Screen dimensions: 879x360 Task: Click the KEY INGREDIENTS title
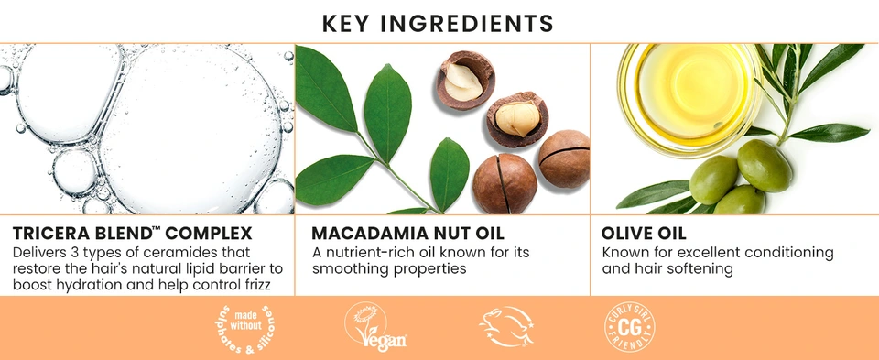pos(438,24)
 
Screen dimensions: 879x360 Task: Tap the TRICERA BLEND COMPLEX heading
pos(132,234)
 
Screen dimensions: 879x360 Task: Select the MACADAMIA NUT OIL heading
pos(408,234)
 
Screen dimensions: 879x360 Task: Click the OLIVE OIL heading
pos(644,234)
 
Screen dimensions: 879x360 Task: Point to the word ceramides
pos(206,252)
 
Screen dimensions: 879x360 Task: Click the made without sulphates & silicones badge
pos(244,328)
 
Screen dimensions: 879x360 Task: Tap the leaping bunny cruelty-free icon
pos(506,327)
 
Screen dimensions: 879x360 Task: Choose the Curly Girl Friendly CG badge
pos(630,327)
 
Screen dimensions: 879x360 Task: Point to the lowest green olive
pos(740,201)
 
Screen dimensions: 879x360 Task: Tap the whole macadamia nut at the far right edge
pos(565,158)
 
